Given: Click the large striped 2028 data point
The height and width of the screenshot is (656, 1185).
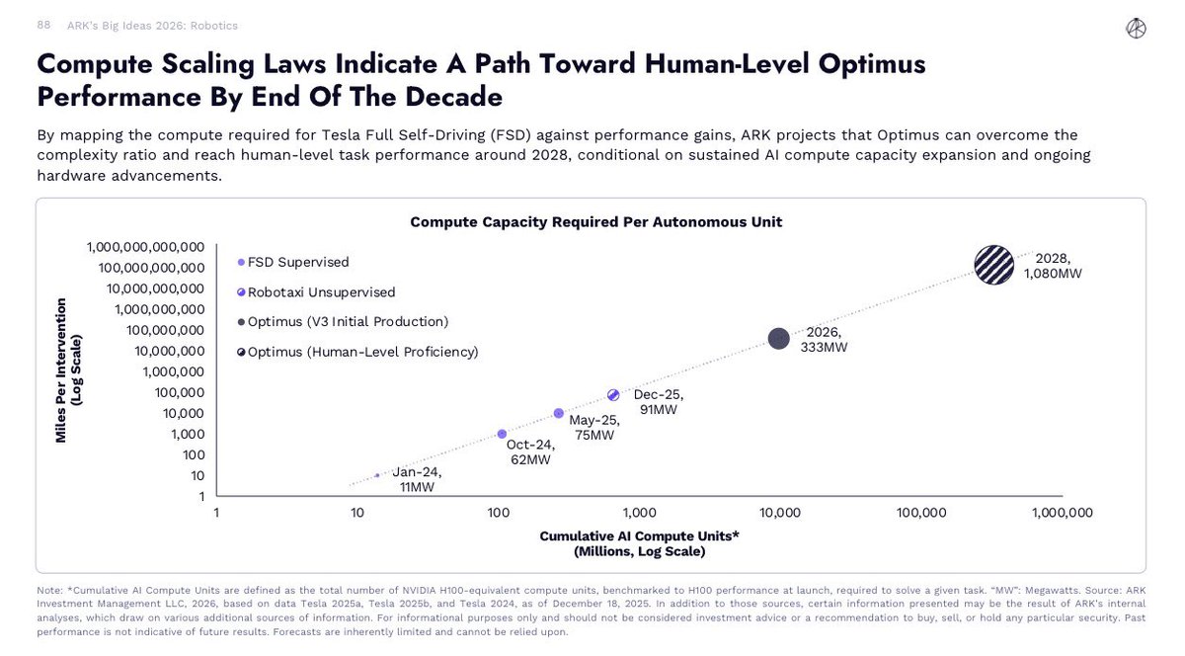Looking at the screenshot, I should click(994, 264).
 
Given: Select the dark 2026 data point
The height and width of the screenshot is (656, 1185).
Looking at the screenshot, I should click(778, 339).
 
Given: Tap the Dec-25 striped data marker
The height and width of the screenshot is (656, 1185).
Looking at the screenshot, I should click(612, 395).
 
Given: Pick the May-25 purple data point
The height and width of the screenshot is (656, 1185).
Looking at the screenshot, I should click(559, 413).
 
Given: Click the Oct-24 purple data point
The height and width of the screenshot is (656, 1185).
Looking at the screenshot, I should click(502, 434).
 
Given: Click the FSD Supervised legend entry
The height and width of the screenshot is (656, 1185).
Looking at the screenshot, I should click(297, 262).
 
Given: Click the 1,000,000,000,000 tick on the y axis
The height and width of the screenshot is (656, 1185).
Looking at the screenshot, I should click(145, 247).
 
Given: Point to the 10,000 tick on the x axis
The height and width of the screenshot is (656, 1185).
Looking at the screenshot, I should click(779, 513).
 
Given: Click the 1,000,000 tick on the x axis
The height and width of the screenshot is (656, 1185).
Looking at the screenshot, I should click(1062, 513).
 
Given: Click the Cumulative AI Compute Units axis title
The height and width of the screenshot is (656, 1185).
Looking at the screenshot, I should click(639, 542).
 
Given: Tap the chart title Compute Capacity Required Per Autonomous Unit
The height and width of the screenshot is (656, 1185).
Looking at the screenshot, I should click(595, 222).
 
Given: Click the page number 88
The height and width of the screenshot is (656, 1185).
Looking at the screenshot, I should click(44, 25).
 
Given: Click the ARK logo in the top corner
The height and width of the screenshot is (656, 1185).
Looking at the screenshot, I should click(1136, 29).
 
